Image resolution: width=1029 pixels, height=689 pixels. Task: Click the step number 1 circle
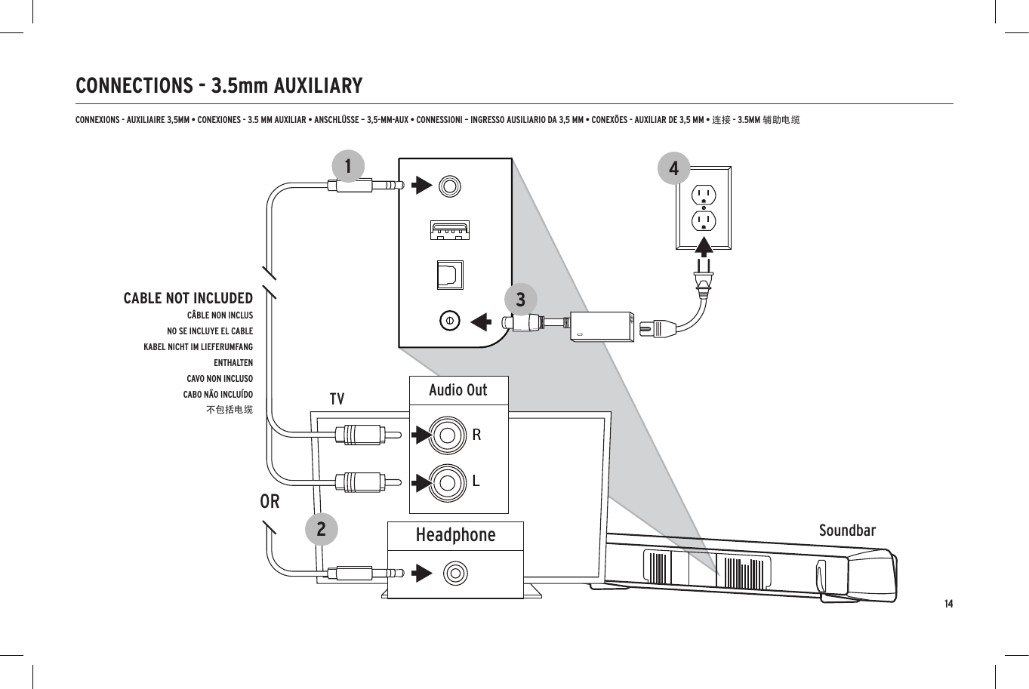point(348,166)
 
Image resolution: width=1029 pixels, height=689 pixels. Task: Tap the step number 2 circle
point(322,529)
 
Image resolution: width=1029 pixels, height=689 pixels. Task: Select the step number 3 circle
point(520,300)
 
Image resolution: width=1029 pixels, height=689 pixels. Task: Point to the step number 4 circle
point(673,168)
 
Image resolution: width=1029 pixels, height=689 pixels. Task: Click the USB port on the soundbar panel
point(450,229)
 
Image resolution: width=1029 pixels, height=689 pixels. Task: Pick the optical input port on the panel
point(450,275)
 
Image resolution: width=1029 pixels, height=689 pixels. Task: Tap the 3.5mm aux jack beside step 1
point(450,185)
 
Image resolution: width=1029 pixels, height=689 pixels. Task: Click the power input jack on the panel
point(449,321)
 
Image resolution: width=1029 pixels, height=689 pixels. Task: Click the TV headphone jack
point(455,574)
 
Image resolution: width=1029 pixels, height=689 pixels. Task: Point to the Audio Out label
point(458,390)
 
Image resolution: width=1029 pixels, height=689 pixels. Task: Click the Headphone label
point(455,535)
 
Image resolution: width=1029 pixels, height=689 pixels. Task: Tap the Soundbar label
point(847,531)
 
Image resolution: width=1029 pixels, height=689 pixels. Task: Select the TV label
point(337,398)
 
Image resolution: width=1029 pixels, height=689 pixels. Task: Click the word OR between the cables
point(270,501)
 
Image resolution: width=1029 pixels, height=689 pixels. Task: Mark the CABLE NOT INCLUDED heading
point(188,298)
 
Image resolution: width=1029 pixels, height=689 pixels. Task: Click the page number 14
point(948,604)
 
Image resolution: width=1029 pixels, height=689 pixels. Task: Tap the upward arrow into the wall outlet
point(704,247)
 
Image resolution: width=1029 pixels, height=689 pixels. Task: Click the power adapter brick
point(602,327)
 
